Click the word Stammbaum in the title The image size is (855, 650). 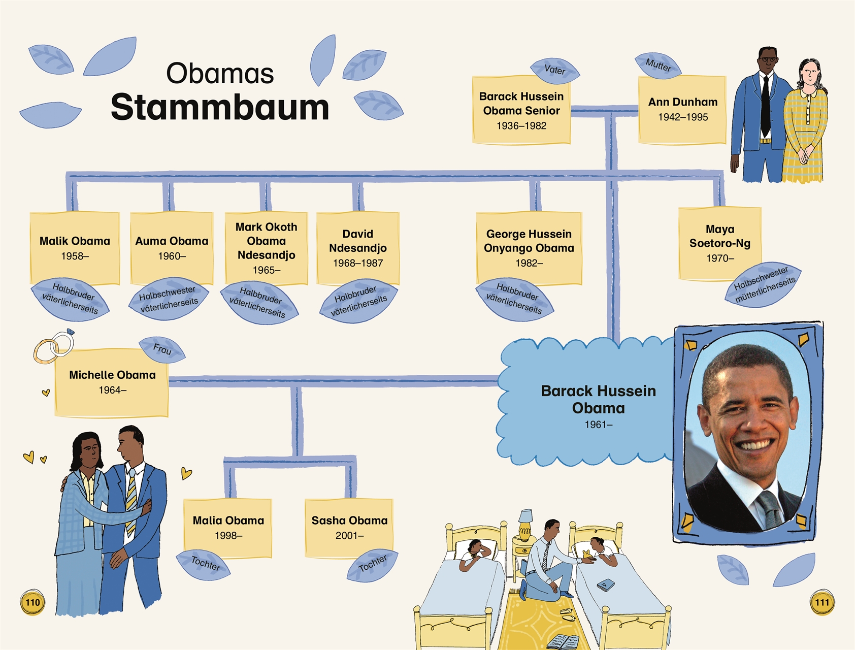[x=220, y=107]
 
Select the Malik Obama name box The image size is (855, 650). [x=75, y=248]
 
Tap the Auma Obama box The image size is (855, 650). [x=172, y=248]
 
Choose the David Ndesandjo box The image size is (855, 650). [x=358, y=248]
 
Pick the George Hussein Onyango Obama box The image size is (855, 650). [x=529, y=248]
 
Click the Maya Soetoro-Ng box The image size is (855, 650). [x=720, y=243]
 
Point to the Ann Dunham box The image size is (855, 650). [x=682, y=109]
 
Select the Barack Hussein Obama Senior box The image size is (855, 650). [x=521, y=110]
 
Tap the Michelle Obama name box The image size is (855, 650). [x=112, y=382]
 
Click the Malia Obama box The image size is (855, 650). [x=228, y=528]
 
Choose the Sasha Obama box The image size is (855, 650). [x=349, y=528]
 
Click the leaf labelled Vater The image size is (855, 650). [x=554, y=70]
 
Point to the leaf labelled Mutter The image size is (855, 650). [x=658, y=66]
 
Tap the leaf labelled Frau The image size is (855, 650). [x=162, y=349]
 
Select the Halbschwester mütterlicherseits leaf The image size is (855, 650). [x=764, y=284]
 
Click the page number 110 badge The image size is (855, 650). [x=32, y=603]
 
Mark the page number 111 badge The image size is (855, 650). [x=822, y=603]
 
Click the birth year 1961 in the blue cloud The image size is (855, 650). [x=598, y=425]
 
